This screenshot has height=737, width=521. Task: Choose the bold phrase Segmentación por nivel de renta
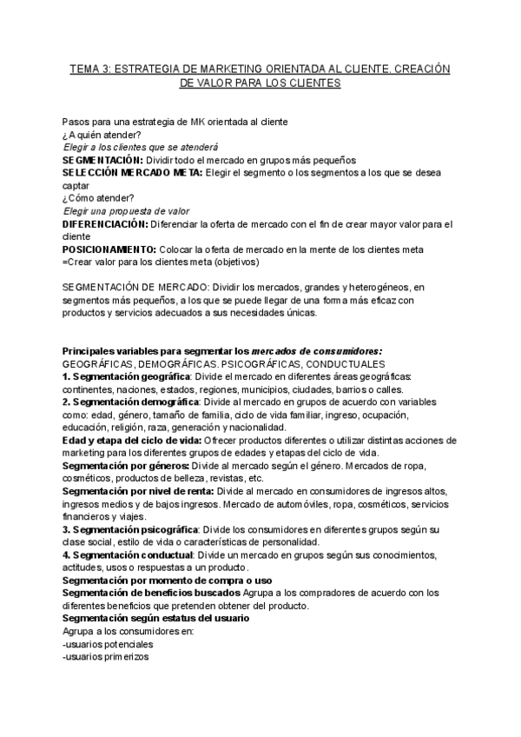click(x=138, y=491)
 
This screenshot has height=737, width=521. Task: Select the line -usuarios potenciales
click(x=108, y=644)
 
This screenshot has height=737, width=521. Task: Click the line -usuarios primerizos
click(x=106, y=657)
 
